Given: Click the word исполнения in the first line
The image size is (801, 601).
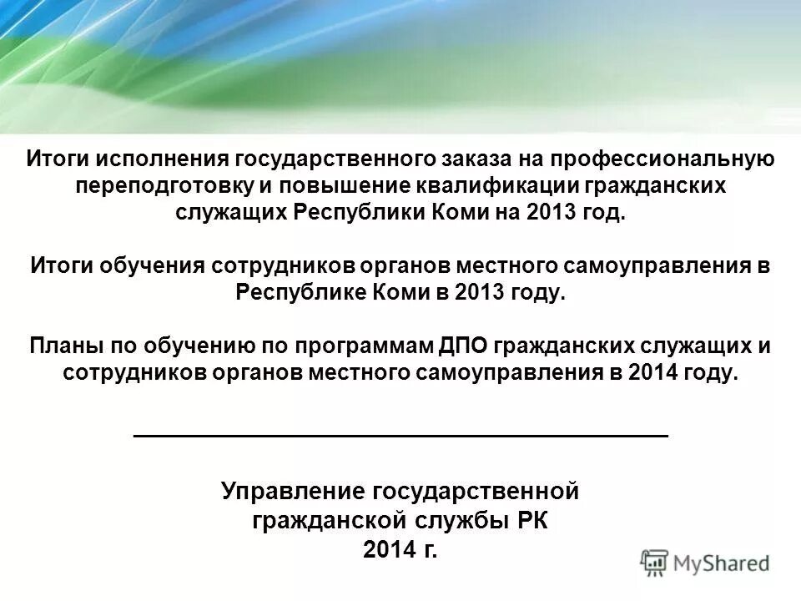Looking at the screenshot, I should (x=160, y=159).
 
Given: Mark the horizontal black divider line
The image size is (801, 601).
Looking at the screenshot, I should (x=400, y=436).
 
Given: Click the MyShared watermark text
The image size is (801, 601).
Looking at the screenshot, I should (x=722, y=563).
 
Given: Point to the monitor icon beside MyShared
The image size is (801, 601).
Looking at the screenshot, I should (x=655, y=563).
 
